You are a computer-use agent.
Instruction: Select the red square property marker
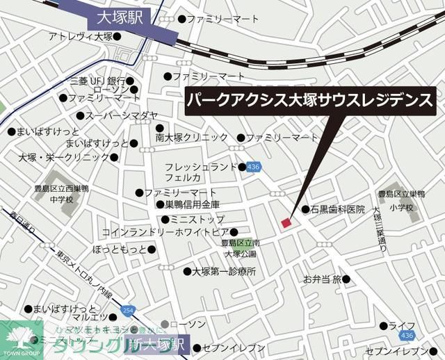[x=285, y=222]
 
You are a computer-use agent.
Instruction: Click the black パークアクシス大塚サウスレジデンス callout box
[x=310, y=101]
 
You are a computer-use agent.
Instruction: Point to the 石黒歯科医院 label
[x=338, y=209]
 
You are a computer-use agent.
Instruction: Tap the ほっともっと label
[x=120, y=249]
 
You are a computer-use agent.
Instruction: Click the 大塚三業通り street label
[x=380, y=229]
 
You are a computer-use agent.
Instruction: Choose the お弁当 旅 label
[x=322, y=279]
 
